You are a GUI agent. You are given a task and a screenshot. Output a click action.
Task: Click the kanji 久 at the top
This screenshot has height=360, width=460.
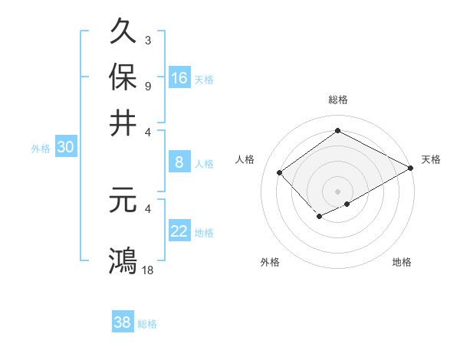tap(123, 33)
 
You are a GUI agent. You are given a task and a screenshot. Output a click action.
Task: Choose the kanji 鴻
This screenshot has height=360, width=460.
tap(123, 260)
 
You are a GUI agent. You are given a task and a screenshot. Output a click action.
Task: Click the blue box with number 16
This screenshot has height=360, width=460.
tap(179, 77)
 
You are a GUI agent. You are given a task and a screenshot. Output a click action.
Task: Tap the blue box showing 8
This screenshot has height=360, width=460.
tap(179, 162)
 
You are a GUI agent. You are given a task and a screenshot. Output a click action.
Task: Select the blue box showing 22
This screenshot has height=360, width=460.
tap(179, 231)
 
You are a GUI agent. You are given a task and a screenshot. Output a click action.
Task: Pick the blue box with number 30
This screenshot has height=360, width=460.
tap(65, 148)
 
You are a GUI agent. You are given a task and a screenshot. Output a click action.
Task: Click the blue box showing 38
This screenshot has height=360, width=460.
tap(123, 322)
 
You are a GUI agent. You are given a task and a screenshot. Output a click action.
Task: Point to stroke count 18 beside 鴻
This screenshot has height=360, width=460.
tap(148, 270)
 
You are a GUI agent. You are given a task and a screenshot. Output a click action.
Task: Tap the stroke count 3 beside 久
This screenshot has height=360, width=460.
tap(147, 40)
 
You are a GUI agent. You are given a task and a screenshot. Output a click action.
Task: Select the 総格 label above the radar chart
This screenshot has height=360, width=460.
tap(337, 100)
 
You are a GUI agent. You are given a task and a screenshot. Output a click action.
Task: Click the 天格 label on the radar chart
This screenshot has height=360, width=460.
tap(431, 159)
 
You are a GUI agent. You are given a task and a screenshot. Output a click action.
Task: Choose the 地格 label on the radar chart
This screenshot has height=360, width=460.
tap(402, 262)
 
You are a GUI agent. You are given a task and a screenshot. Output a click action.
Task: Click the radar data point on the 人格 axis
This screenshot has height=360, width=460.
tap(280, 172)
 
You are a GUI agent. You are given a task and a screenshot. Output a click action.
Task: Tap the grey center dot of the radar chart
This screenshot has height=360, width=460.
tap(337, 191)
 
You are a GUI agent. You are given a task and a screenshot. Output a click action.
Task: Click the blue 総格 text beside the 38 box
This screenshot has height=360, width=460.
tap(147, 324)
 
